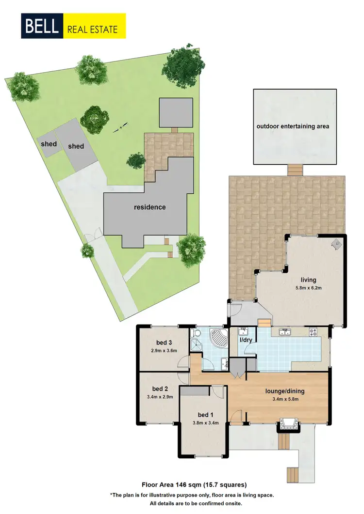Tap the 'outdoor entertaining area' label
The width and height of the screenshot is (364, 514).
[293, 126]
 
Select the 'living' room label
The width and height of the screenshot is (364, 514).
[308, 280]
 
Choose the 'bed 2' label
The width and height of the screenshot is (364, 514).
[160, 389]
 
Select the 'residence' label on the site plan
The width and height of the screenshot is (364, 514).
[150, 207]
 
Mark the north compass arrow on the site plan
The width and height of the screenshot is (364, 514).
[120, 127]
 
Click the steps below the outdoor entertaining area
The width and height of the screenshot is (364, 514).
[294, 170]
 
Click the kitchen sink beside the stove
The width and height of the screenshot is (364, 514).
[284, 332]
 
